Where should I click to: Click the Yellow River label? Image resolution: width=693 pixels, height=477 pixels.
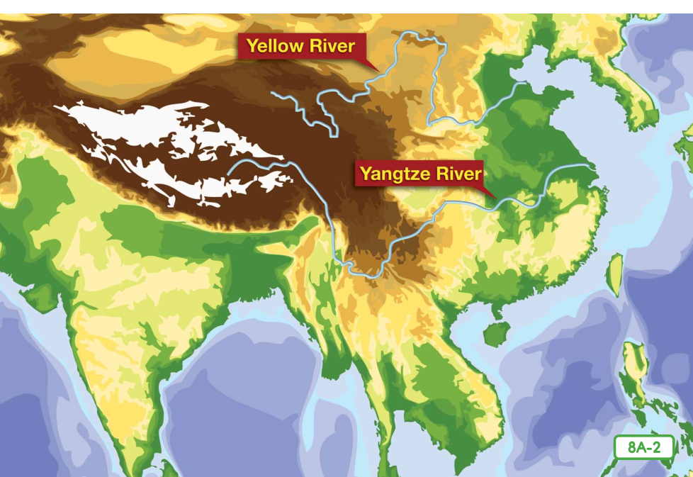click(300, 47)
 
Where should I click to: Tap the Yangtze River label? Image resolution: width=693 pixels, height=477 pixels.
click(420, 174)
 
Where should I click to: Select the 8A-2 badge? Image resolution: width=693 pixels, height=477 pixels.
click(643, 447)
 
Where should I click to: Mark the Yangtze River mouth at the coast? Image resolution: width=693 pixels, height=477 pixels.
click(589, 167)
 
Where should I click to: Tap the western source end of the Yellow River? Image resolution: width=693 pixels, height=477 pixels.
click(272, 93)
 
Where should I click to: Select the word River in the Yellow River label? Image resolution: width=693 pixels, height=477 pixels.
click(331, 47)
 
